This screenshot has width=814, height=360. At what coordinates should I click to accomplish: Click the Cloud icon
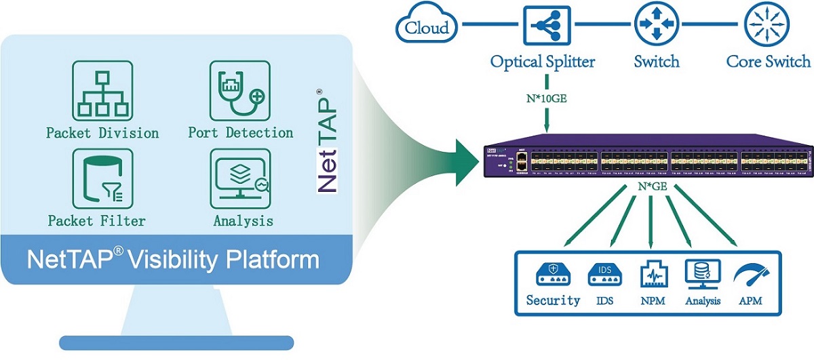point(427,26)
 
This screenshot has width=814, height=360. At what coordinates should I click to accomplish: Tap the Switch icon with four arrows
point(656,26)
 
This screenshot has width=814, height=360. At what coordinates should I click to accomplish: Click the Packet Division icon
point(102,91)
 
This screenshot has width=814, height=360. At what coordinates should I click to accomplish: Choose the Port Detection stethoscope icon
point(239,91)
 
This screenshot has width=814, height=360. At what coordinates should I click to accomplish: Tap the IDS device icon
point(602,273)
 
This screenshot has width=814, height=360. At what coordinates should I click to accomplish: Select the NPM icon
point(651,275)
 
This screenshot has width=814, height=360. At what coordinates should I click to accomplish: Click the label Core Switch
point(768,62)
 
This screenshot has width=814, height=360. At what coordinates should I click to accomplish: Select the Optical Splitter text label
point(543,62)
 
